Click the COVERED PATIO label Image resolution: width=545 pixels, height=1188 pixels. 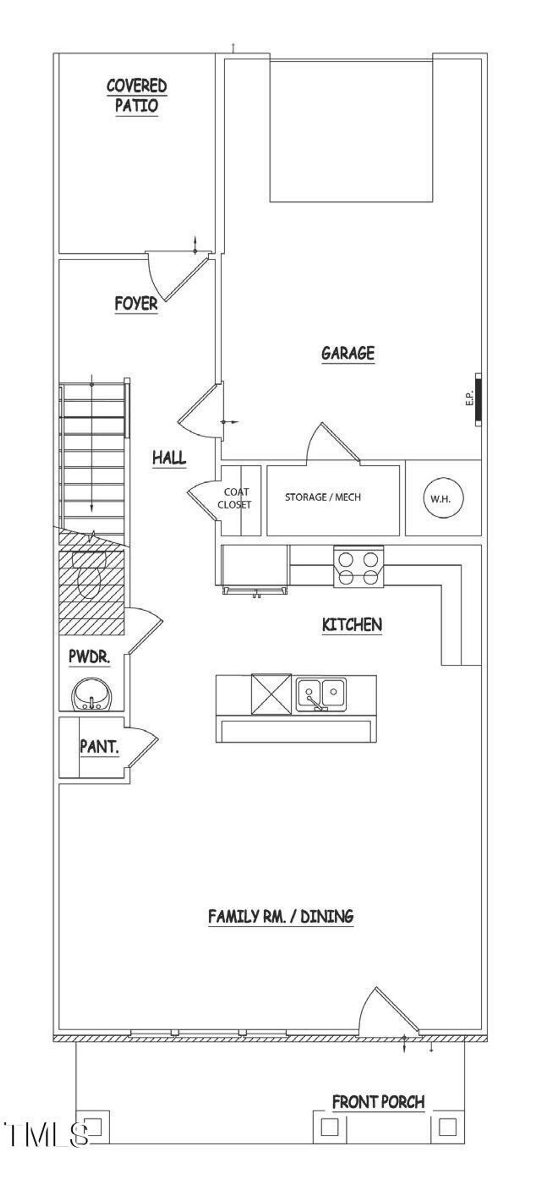tap(136, 95)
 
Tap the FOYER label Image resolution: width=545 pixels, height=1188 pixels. tap(136, 303)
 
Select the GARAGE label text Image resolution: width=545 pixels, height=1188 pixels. tap(348, 353)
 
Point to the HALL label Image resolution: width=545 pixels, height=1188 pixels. tap(169, 458)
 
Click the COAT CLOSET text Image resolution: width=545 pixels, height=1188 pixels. tap(235, 498)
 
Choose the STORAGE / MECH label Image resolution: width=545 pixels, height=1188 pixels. tap(322, 497)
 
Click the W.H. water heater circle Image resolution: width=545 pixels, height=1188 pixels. tap(443, 498)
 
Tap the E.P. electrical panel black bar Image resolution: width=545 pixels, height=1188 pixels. tap(479, 399)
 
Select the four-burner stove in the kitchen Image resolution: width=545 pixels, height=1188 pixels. tap(359, 567)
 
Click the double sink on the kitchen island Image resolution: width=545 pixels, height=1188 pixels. tap(321, 694)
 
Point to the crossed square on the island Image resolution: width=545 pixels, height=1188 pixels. tap(271, 694)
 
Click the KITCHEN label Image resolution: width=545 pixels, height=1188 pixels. tap(352, 625)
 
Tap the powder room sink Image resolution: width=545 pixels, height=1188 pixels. tap(91, 695)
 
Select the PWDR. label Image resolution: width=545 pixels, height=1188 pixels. tap(89, 657)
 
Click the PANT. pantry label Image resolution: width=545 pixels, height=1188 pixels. tap(100, 747)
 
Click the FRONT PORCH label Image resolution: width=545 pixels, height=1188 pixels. tap(378, 1102)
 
